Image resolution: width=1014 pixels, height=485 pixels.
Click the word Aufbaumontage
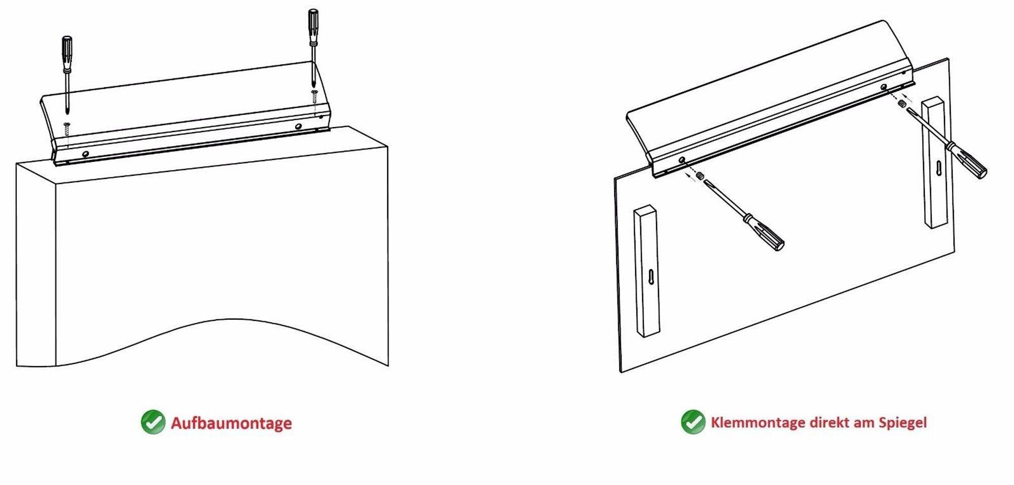tap(231, 423)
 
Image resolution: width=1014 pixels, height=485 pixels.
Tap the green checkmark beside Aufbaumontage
tap(153, 422)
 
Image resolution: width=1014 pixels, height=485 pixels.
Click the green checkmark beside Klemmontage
tap(693, 422)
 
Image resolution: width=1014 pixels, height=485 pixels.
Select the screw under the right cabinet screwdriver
tap(314, 96)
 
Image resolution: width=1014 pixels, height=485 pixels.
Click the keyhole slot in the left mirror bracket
tap(650, 278)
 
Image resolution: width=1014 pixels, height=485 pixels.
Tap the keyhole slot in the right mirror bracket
tap(938, 167)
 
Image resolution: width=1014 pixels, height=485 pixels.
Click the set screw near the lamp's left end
tap(700, 176)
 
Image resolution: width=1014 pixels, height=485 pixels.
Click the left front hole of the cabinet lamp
tap(86, 153)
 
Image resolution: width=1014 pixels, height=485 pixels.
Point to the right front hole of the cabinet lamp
tap(298, 126)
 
